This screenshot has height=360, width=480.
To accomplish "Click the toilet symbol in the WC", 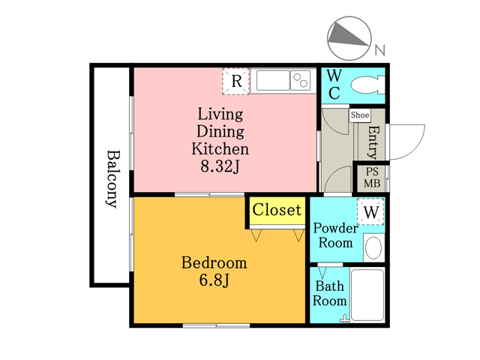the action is pyautogui.click(x=367, y=85).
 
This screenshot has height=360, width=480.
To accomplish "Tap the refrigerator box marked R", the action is pyautogui.click(x=235, y=81).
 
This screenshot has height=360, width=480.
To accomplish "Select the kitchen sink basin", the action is pyautogui.click(x=273, y=80).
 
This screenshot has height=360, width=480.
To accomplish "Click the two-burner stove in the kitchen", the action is pyautogui.click(x=300, y=80).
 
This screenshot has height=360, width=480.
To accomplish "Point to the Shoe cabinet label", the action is pyautogui.click(x=360, y=115).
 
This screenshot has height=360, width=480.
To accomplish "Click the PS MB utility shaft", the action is pyautogui.click(x=372, y=178).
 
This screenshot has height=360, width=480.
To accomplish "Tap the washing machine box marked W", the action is pyautogui.click(x=370, y=211).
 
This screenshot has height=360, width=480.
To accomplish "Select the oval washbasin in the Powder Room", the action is pyautogui.click(x=373, y=247).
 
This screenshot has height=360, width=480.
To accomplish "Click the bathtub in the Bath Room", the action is pyautogui.click(x=367, y=295).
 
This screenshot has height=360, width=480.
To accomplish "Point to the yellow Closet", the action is pyautogui.click(x=277, y=211).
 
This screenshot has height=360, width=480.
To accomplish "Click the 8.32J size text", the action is pyautogui.click(x=220, y=166).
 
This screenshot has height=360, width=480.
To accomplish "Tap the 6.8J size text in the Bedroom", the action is pyautogui.click(x=214, y=280).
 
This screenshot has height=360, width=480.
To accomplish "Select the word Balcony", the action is pyautogui.click(x=112, y=179).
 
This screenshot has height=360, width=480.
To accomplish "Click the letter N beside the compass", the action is pyautogui.click(x=380, y=50).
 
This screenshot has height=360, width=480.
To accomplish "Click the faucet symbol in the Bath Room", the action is pyautogui.click(x=345, y=319).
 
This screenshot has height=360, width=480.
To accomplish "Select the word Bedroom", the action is pyautogui.click(x=214, y=263).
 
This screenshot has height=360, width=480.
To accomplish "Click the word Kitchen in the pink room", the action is pyautogui.click(x=220, y=149).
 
